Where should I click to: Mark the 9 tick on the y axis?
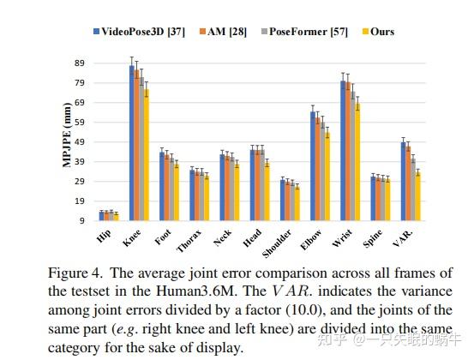click(x=82, y=220)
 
